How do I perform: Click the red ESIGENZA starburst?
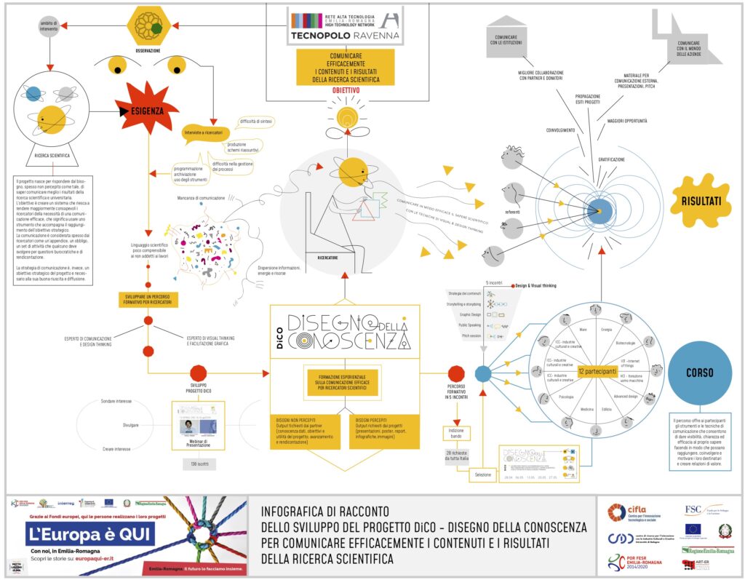146,111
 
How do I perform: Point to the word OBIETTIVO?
346,90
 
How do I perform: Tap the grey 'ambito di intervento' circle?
47,27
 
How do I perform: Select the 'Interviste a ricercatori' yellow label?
205,133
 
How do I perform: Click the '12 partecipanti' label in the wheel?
592,371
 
